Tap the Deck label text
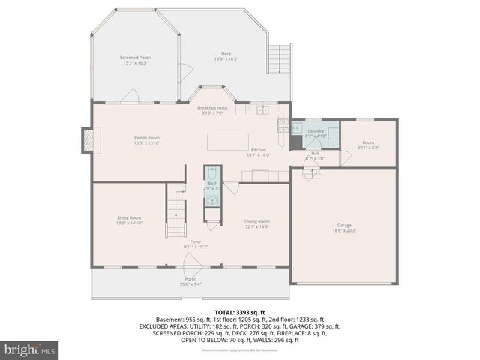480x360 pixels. [226, 56]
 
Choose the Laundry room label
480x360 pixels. [316, 133]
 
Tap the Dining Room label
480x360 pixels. [257, 223]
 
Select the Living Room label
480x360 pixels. [129, 220]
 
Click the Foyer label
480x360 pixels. [196, 244]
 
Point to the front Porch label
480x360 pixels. [190, 281]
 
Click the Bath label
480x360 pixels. [213, 186]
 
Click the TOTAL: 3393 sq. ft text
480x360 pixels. [240, 311]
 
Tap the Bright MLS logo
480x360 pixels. [30, 349]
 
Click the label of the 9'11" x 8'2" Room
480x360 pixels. [368, 145]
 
